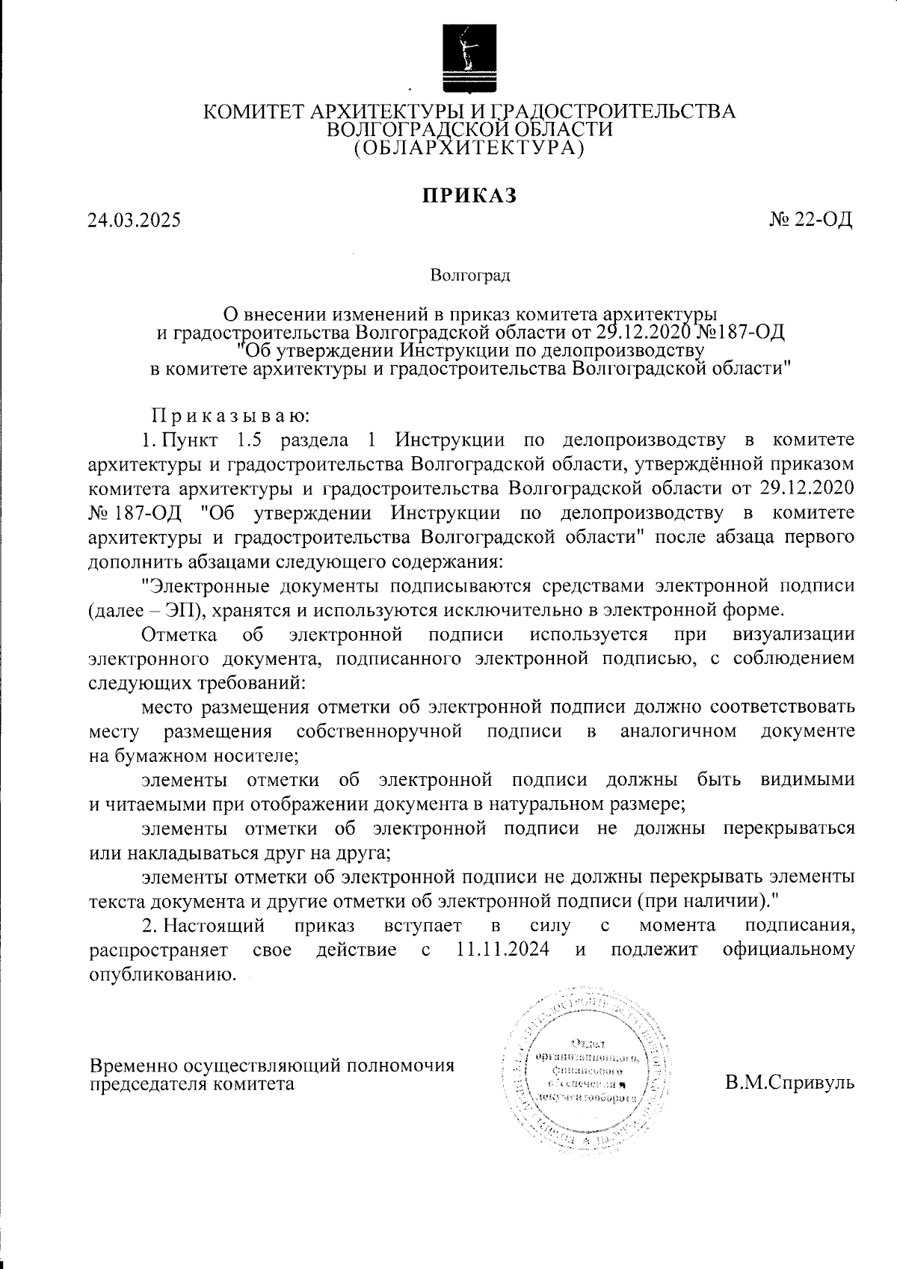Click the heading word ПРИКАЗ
tap(470, 195)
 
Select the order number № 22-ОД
tap(811, 221)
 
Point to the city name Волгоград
tap(470, 277)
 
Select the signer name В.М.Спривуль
tap(789, 1082)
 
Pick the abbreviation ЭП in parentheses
tap(179, 609)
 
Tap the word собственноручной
tap(380, 731)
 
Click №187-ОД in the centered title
tap(740, 331)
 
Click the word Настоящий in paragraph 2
tap(215, 926)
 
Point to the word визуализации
tap(794, 634)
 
